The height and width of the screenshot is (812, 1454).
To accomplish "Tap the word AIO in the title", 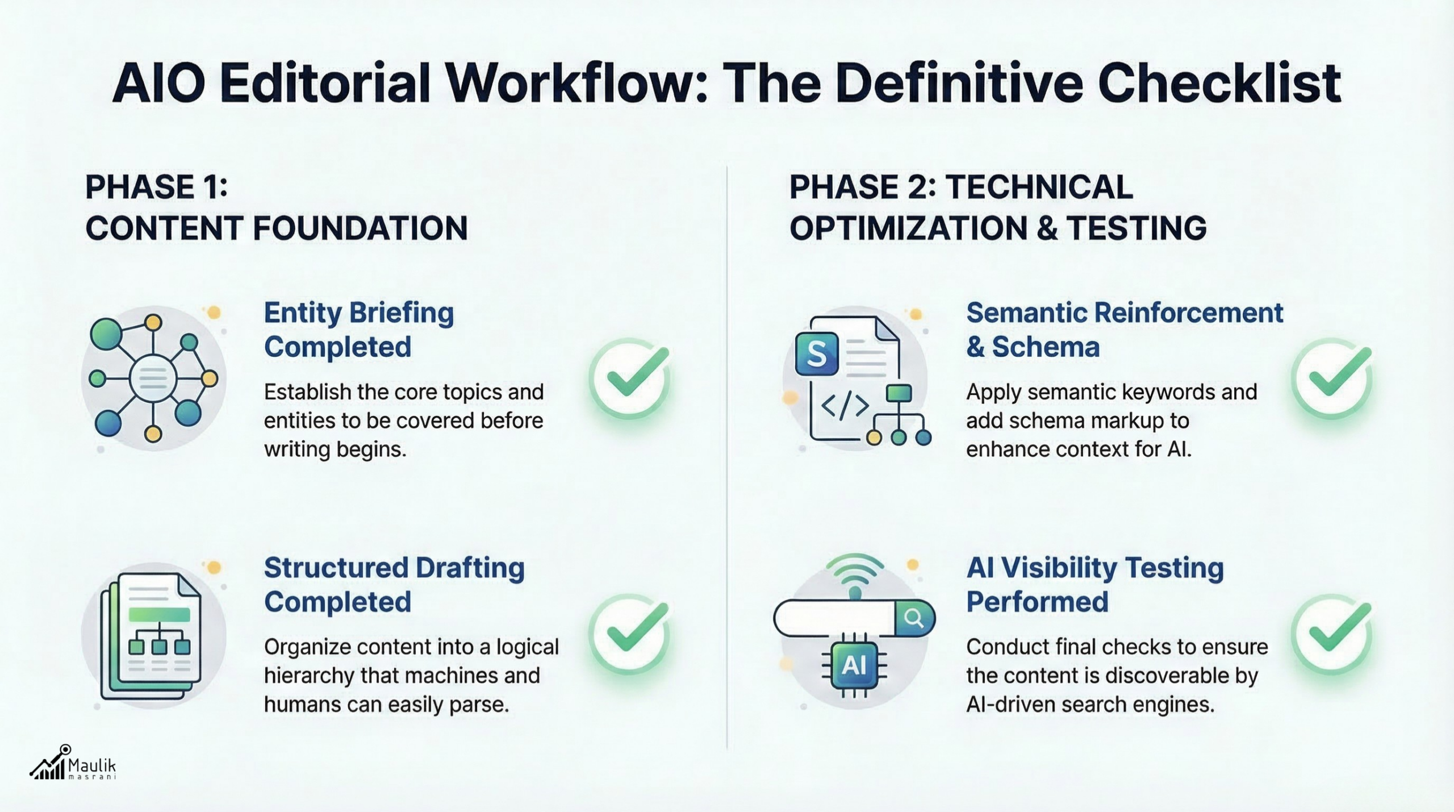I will (x=159, y=84).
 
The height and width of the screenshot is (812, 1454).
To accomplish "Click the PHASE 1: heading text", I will (x=157, y=187).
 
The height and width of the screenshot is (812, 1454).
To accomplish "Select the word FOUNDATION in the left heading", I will (x=360, y=228).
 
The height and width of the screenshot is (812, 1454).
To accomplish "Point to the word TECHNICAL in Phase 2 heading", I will (x=1039, y=187).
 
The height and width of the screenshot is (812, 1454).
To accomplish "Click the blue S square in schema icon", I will (x=817, y=354).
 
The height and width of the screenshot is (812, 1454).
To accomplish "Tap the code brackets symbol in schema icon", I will (x=845, y=406).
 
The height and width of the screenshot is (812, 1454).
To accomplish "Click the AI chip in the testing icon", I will (x=854, y=665).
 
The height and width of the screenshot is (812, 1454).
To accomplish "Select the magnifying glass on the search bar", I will (x=914, y=618).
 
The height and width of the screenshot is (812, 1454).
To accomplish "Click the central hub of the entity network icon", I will (x=153, y=378).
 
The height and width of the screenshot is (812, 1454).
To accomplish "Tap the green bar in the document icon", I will (x=160, y=614).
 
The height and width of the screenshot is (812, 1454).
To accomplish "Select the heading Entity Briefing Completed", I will (x=359, y=330).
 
